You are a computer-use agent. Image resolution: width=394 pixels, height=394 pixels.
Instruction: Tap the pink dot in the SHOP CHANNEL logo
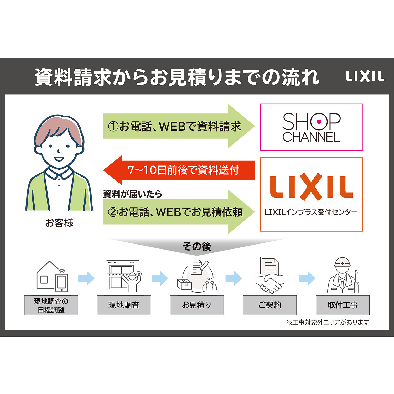[x=319, y=122]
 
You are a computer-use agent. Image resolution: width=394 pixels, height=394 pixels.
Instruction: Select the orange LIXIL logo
[x=311, y=187]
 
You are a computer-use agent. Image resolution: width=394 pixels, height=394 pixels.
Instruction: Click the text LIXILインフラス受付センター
[x=311, y=212]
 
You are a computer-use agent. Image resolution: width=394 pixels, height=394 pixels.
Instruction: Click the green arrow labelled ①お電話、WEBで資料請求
[x=179, y=126]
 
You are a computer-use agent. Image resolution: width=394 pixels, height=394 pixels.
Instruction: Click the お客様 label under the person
[x=59, y=223]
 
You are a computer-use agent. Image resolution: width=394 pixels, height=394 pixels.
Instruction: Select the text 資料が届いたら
[x=133, y=194]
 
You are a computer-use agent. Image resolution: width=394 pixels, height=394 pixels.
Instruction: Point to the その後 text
[x=197, y=247]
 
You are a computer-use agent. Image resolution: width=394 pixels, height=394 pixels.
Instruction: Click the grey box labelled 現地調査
[x=124, y=305]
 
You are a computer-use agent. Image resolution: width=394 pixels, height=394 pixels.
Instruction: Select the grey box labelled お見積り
[x=197, y=305]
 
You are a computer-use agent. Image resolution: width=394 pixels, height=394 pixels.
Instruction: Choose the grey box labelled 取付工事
[x=343, y=305]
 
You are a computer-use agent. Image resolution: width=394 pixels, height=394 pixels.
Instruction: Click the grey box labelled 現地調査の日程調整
[x=51, y=305]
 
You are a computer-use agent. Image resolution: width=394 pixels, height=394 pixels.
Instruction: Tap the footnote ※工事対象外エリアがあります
[x=328, y=322]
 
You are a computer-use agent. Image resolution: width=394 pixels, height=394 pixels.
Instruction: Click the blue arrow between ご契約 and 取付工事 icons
[x=307, y=278]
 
